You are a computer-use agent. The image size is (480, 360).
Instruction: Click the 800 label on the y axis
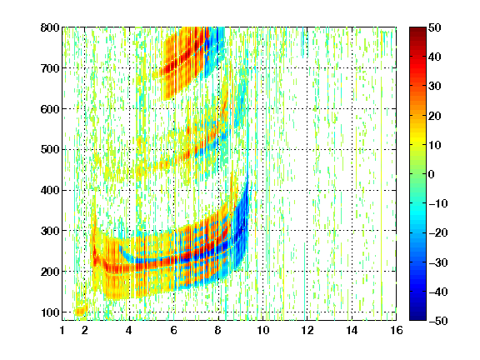pyautogui.click(x=50, y=27)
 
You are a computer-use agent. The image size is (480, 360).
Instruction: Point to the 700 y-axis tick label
pyautogui.click(x=50, y=68)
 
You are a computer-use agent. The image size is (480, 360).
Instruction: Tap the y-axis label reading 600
pyautogui.click(x=50, y=109)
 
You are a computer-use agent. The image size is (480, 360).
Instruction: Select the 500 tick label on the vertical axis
pyautogui.click(x=50, y=150)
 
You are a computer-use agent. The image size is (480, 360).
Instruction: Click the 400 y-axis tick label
pyautogui.click(x=50, y=191)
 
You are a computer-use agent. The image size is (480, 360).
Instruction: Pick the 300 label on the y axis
pyautogui.click(x=50, y=231)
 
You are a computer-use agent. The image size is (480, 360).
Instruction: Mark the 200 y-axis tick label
pyautogui.click(x=50, y=272)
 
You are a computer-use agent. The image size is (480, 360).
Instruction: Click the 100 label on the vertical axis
pyautogui.click(x=50, y=312)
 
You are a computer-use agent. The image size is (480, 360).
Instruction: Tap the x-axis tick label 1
pyautogui.click(x=62, y=330)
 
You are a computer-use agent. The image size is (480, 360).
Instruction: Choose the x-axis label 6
pyautogui.click(x=173, y=330)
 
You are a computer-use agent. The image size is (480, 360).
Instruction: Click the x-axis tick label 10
pyautogui.click(x=262, y=330)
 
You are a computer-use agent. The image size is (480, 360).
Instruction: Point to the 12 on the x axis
pyautogui.click(x=307, y=330)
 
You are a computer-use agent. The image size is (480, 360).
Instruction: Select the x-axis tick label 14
pyautogui.click(x=352, y=330)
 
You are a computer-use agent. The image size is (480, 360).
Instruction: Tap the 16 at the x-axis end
pyautogui.click(x=397, y=330)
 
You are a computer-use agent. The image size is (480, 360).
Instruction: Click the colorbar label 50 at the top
pyautogui.click(x=435, y=27)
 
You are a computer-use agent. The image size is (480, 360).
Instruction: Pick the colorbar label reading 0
pyautogui.click(x=432, y=174)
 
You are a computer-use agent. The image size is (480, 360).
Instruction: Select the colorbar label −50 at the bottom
pyautogui.click(x=438, y=321)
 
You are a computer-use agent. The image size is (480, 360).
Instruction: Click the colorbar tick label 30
pyautogui.click(x=435, y=87)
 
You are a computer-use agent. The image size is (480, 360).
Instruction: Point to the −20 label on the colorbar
pyautogui.click(x=438, y=233)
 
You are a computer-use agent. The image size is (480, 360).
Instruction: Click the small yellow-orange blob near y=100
pyautogui.click(x=81, y=310)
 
